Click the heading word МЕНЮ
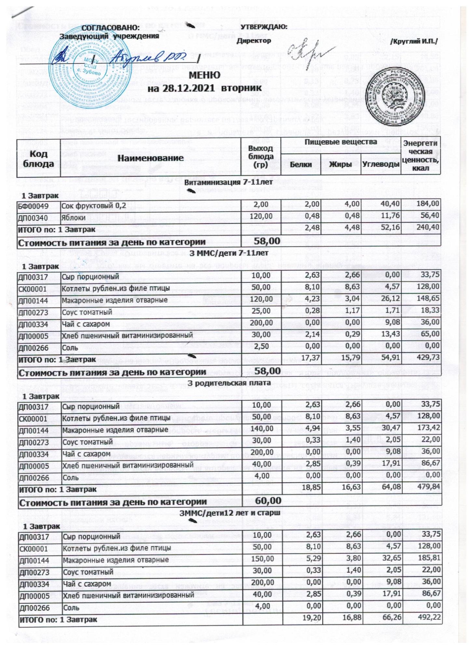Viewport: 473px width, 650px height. tap(205, 75)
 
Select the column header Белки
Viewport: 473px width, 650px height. tap(301, 165)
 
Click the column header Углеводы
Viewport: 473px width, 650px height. tap(381, 165)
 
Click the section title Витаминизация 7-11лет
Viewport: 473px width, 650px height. tap(228, 183)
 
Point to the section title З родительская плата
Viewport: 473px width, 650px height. tap(230, 383)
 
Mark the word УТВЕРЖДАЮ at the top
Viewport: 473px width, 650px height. tap(264, 27)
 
